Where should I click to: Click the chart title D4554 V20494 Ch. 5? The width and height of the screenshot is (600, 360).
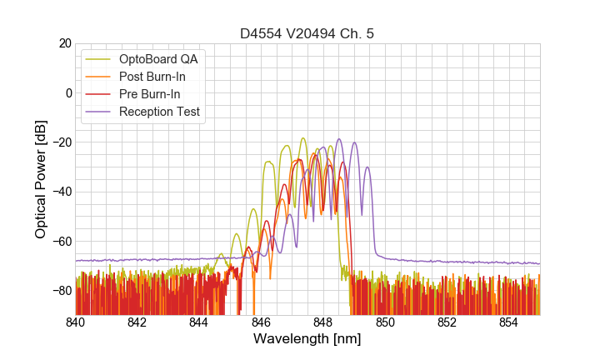click(x=307, y=33)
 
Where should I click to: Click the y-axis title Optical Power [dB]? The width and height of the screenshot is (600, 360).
click(x=41, y=179)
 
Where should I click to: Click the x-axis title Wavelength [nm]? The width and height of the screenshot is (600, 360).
click(x=307, y=340)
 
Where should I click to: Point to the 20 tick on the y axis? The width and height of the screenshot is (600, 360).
click(x=64, y=43)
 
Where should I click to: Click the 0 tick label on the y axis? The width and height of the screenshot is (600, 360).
click(x=67, y=92)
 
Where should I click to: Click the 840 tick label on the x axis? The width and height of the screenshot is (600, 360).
click(x=76, y=322)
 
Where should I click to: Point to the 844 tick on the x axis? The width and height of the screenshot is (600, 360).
click(x=199, y=322)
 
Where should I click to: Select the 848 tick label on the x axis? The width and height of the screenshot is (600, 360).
click(x=323, y=322)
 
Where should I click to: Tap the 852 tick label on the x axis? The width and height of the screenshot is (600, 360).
click(x=447, y=322)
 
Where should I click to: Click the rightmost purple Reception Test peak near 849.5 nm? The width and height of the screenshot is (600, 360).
click(x=367, y=167)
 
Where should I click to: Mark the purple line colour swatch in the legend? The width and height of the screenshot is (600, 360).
click(x=99, y=112)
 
